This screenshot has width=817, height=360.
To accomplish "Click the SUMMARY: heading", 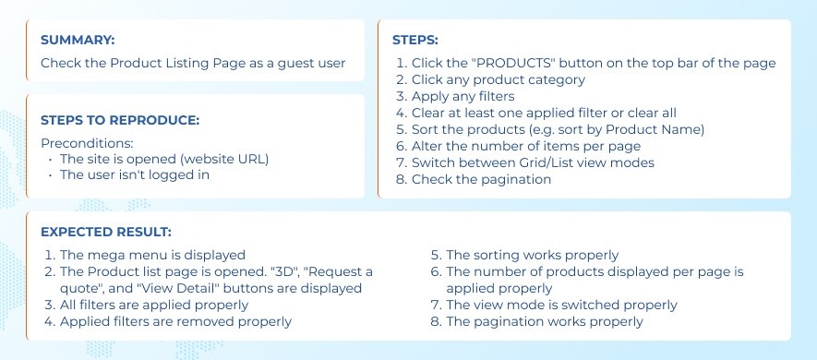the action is [x=78, y=40].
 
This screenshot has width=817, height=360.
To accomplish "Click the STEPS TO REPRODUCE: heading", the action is [x=120, y=120].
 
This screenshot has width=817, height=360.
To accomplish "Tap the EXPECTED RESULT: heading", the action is [x=106, y=232].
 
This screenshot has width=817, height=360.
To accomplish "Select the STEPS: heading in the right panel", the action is [x=415, y=40].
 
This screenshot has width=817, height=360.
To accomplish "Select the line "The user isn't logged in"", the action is [x=135, y=174].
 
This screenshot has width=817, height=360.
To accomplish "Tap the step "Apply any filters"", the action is [x=463, y=96].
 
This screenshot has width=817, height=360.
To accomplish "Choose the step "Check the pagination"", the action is [x=481, y=179].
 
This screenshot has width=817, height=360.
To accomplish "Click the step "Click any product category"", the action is [x=499, y=79].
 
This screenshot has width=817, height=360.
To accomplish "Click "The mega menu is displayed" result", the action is [x=152, y=256].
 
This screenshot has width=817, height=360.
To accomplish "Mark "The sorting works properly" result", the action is [x=532, y=256].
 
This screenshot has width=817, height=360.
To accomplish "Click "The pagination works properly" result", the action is [x=545, y=321].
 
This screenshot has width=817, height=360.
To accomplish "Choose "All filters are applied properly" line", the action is [x=154, y=305].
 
